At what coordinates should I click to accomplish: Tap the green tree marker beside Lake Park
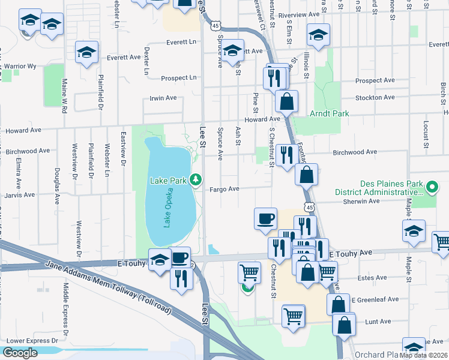coord(195,179)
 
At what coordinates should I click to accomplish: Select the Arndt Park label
coord(325,113)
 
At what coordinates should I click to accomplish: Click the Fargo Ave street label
coord(224,189)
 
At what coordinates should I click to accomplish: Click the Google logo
coord(20,353)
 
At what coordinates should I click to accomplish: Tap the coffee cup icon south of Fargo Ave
coord(265,218)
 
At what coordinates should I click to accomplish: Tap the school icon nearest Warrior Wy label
coord(87,52)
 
